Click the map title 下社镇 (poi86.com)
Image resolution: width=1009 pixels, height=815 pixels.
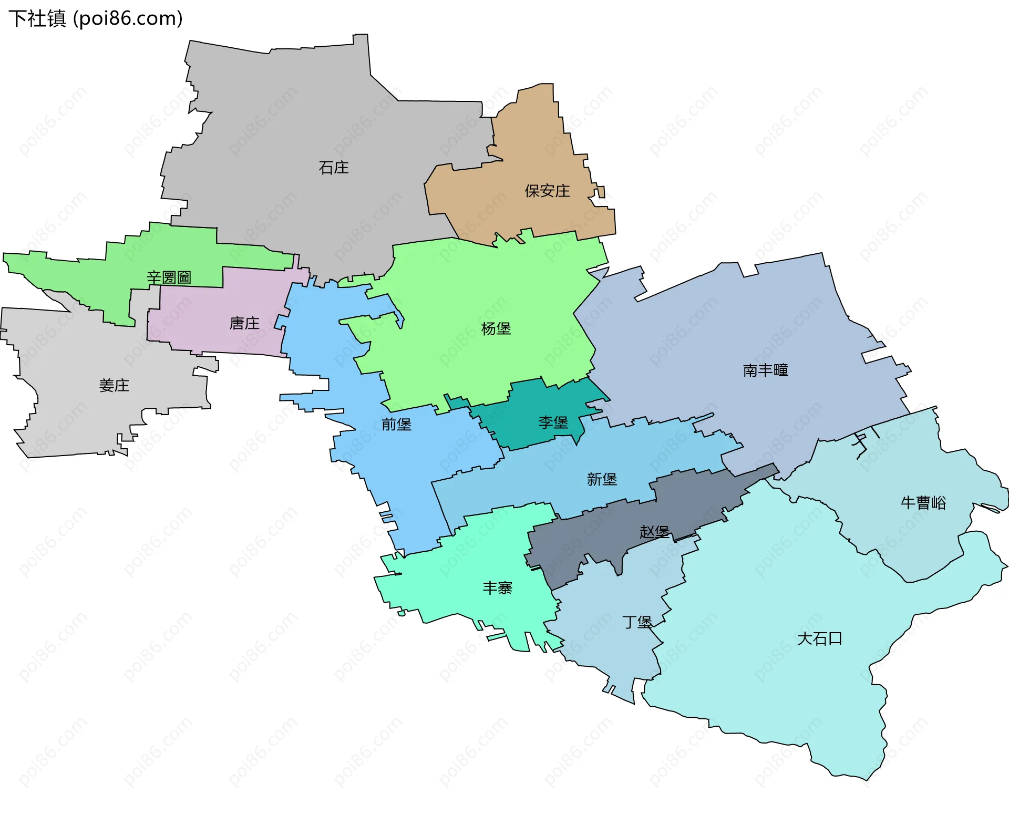[96, 18]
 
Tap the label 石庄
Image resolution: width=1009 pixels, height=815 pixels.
[334, 168]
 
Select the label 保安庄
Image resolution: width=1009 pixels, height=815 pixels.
[547, 191]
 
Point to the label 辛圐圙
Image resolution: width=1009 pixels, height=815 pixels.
[169, 277]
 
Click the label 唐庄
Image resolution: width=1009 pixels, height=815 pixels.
[244, 323]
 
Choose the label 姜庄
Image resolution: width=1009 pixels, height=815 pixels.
[114, 385]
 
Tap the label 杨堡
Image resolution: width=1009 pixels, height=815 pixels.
[496, 328]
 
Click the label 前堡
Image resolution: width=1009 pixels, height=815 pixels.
[396, 424]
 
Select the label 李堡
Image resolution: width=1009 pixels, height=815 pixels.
[553, 422]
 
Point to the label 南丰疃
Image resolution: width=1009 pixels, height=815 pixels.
[765, 370]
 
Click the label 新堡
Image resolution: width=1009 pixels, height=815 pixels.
[602, 479]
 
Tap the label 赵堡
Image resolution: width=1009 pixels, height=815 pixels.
[654, 531]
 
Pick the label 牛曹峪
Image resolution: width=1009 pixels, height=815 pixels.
[923, 503]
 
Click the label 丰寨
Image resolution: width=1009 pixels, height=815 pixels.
[497, 587]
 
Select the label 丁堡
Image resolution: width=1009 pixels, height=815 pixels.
[637, 622]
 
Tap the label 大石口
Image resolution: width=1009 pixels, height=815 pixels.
[820, 638]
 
